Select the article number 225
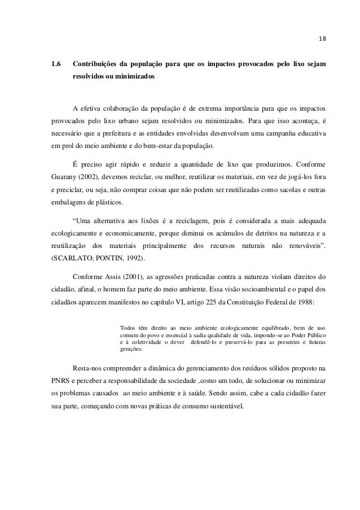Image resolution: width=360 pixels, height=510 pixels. tap(212, 303)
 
